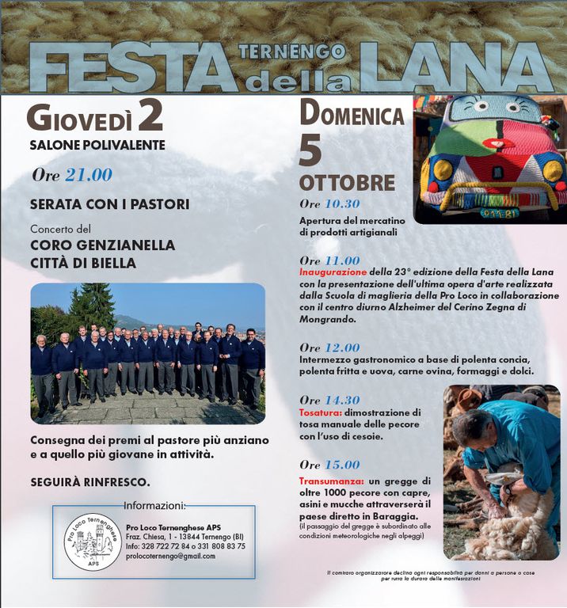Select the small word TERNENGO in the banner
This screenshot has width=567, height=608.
pyautogui.click(x=292, y=53)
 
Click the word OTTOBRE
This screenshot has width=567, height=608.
pyautogui.click(x=347, y=183)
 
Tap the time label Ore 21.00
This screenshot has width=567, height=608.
pyautogui.click(x=72, y=175)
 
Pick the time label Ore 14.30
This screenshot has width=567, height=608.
pyautogui.click(x=329, y=400)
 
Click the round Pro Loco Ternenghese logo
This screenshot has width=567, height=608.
pyautogui.click(x=93, y=541)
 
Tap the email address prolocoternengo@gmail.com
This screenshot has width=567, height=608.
pyautogui.click(x=170, y=556)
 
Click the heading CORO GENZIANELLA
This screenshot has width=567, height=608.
pyautogui.click(x=102, y=245)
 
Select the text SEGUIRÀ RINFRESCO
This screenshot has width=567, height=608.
pyautogui.click(x=90, y=481)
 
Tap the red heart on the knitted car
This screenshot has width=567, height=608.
pyautogui.click(x=493, y=144)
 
